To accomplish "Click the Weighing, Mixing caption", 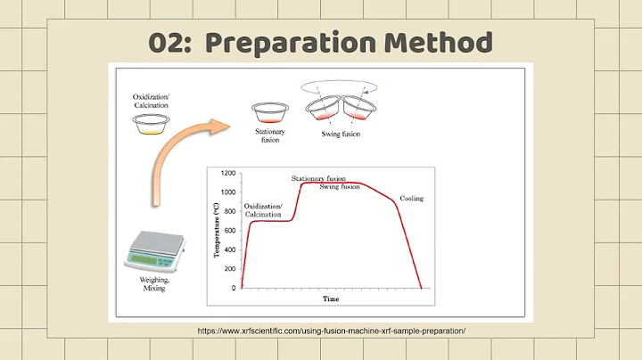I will [156, 285].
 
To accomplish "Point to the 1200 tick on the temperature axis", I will [228, 173].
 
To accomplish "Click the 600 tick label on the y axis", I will [230, 230].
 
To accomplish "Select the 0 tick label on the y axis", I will [235, 288].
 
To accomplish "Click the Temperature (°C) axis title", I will [217, 230].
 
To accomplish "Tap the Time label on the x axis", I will [331, 299].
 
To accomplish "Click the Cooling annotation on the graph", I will [412, 198].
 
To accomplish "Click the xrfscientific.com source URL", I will [331, 331].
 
